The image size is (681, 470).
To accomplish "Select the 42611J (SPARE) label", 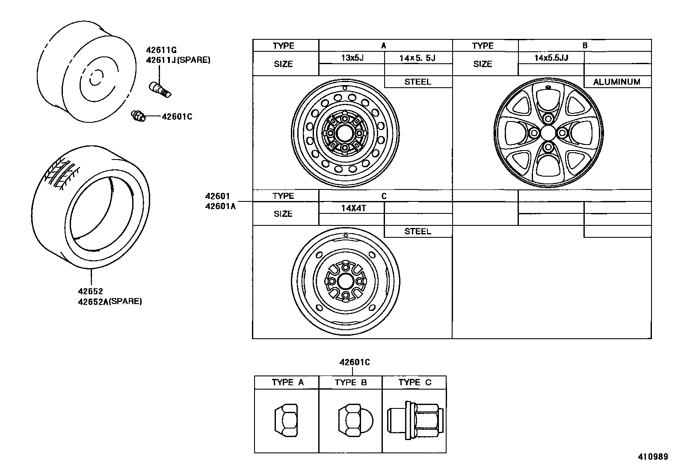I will coord(178,60).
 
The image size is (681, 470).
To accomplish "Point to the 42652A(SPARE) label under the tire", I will coord(110,301).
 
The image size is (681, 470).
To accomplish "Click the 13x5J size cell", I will coord(352,58).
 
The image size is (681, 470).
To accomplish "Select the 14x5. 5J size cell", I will coord(417,58).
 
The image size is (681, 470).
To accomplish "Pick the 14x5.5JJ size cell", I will coord(551,58).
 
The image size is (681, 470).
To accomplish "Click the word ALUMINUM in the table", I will coord(616,82).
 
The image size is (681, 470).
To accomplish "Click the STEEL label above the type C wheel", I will coord(417,231).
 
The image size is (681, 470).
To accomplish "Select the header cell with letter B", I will coord(584,45).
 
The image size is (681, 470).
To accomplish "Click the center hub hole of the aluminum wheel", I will coord(548,133).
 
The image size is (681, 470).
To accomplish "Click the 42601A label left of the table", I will coord(220,206).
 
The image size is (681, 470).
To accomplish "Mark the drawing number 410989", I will coord(653,457).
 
